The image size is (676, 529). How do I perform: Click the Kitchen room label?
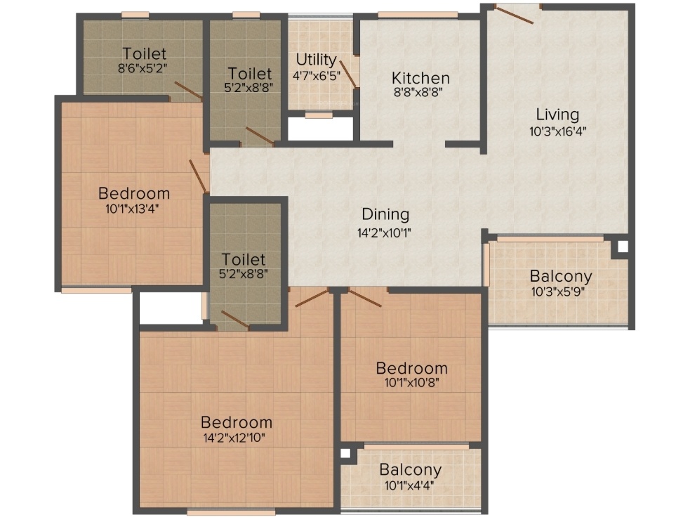tap(420, 78)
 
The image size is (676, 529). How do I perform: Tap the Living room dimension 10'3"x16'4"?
tap(558, 131)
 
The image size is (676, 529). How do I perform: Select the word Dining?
tap(385, 214)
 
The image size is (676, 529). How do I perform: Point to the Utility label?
tap(316, 59)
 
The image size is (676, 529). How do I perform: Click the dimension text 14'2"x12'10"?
tap(234, 438)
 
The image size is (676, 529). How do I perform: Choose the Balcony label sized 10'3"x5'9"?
tap(561, 275)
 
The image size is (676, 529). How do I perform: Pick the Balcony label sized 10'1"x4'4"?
tap(411, 469)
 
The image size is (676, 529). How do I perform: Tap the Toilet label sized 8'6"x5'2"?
tap(145, 53)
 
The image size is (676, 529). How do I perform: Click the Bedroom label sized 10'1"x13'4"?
tap(134, 193)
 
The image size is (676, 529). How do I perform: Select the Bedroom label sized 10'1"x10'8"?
tap(412, 368)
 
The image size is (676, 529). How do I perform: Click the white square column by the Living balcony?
tap(622, 247)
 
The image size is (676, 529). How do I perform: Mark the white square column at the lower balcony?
tap(345, 453)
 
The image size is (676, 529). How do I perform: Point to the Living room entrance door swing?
tap(515, 14)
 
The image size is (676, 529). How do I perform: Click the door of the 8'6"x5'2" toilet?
tap(188, 91)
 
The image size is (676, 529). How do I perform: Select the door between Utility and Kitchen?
tap(348, 74)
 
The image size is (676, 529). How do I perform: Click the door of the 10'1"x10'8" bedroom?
tap(365, 298)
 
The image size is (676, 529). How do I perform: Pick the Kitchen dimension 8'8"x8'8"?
tap(418, 92)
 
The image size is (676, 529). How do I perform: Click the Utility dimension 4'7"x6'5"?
tap(317, 76)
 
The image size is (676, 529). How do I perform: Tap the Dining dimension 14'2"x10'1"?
tap(384, 233)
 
